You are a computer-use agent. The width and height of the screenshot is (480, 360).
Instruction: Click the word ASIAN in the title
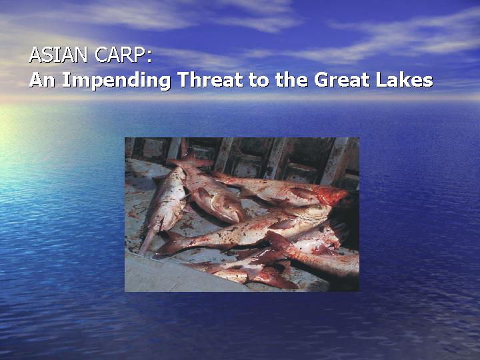pos(58,55)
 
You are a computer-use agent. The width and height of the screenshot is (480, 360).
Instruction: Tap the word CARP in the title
pos(119,55)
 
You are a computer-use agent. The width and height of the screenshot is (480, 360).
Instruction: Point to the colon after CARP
pos(149,57)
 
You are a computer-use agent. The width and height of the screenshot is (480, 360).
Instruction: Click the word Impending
pos(116,81)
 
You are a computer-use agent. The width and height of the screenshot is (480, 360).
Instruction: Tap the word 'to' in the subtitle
pos(259,80)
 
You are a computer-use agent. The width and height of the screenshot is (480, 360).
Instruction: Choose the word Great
pos(341,79)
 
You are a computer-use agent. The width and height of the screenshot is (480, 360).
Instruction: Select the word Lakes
pos(405,79)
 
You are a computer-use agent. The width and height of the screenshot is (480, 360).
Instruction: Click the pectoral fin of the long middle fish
pos(279,225)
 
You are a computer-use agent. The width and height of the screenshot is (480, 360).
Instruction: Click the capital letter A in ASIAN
pos(35,55)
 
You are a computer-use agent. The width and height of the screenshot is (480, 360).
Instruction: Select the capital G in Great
pos(321,79)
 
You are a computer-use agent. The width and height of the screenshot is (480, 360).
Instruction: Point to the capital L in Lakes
pos(381,79)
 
